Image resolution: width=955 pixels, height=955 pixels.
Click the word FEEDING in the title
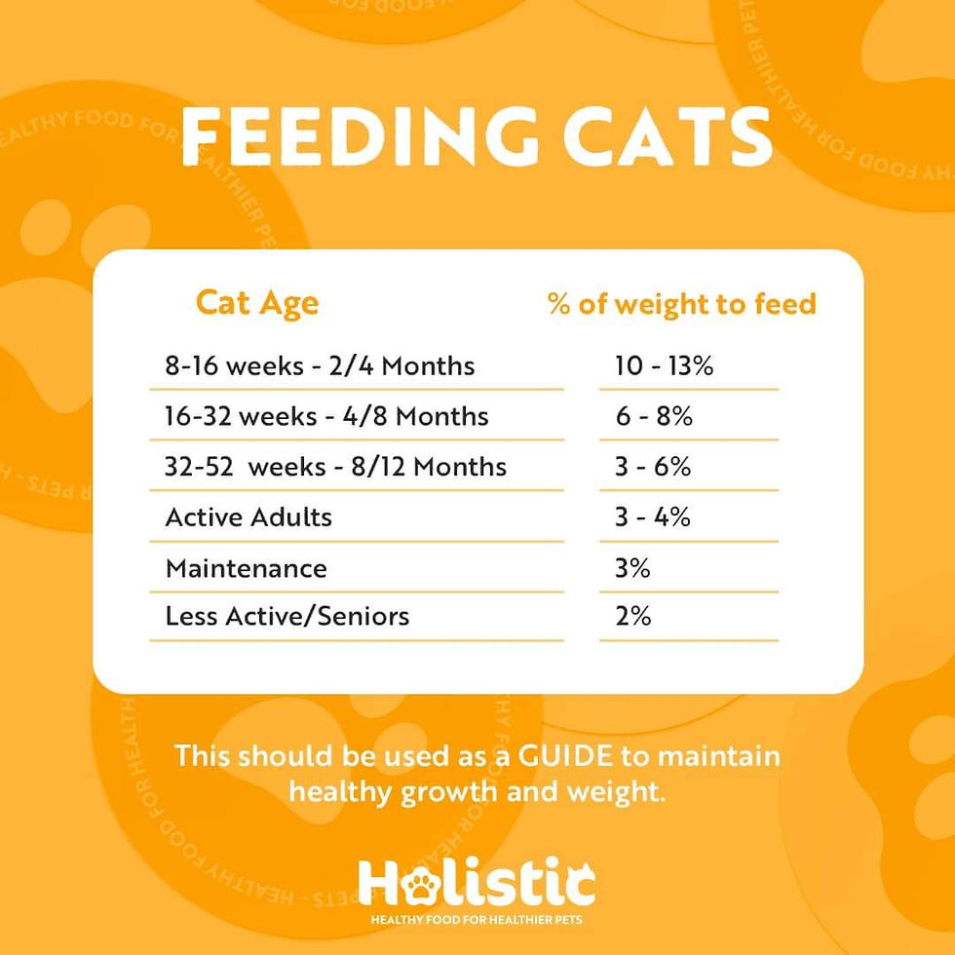pyautogui.click(x=361, y=135)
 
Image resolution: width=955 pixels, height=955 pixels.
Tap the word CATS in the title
pyautogui.click(x=668, y=135)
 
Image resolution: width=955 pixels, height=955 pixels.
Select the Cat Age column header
pyautogui.click(x=257, y=304)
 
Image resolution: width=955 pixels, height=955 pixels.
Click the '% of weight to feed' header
pyautogui.click(x=681, y=303)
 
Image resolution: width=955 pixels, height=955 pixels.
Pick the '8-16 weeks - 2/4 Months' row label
pyautogui.click(x=320, y=366)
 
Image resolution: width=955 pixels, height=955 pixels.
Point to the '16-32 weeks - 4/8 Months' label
pyautogui.click(x=326, y=417)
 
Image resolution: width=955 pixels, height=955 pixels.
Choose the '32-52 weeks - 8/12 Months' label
pyautogui.click(x=335, y=467)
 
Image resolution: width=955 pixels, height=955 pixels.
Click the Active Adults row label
pyautogui.click(x=248, y=517)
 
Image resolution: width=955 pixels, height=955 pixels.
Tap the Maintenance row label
pyautogui.click(x=247, y=569)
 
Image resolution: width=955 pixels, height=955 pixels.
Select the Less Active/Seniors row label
pyautogui.click(x=287, y=616)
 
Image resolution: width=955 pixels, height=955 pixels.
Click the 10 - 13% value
pyautogui.click(x=664, y=366)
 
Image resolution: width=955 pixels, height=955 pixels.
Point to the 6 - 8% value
pyautogui.click(x=654, y=417)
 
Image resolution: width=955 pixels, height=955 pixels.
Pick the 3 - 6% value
pyautogui.click(x=653, y=467)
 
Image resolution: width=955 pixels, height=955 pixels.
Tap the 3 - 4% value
pyautogui.click(x=653, y=517)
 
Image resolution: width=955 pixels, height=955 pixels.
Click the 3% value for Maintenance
pyautogui.click(x=632, y=568)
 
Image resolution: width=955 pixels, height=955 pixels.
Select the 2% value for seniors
pyautogui.click(x=632, y=616)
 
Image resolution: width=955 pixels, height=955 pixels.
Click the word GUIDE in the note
pyautogui.click(x=565, y=756)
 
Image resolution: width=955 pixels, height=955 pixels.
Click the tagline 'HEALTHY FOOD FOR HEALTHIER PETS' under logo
pyautogui.click(x=477, y=920)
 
